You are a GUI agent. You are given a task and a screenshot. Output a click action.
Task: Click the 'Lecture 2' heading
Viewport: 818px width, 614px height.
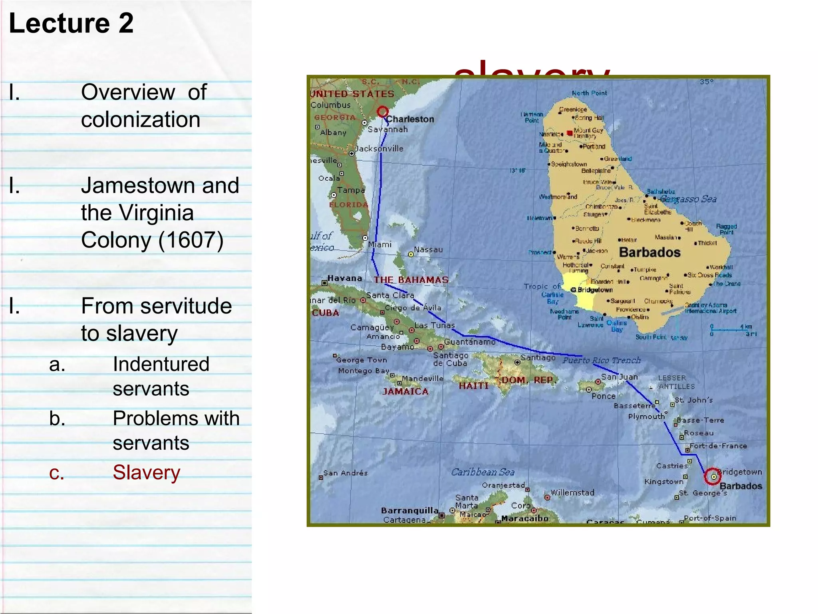[71, 23]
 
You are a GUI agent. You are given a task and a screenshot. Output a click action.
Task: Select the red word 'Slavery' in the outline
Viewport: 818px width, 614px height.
[146, 472]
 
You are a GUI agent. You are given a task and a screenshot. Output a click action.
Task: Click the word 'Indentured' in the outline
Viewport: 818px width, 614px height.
[161, 364]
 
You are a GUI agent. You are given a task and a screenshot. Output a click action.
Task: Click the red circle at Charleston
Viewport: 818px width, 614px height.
[383, 112]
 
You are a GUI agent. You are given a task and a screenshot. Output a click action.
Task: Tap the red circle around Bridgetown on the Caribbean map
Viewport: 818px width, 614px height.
[713, 476]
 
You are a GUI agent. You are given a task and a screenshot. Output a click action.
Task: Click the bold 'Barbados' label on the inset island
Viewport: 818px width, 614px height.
[649, 252]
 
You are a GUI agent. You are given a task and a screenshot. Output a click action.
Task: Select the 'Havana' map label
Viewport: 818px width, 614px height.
[345, 278]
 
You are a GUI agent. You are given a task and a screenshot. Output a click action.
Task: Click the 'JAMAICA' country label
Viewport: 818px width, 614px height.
[405, 391]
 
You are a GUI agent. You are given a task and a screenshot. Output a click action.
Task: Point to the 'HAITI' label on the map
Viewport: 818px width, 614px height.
[474, 386]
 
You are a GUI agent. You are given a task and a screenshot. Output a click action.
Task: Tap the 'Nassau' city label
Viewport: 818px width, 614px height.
[428, 250]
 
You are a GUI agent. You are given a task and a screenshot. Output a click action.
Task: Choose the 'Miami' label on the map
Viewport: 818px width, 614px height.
[380, 244]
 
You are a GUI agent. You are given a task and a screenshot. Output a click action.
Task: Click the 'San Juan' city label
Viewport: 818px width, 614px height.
[619, 377]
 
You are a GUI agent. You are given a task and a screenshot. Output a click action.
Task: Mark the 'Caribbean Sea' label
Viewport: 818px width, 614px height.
[483, 472]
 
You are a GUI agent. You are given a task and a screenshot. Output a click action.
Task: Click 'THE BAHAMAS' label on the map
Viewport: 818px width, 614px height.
[411, 280]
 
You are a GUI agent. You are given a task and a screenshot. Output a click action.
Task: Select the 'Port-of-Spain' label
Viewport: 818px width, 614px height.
[710, 518]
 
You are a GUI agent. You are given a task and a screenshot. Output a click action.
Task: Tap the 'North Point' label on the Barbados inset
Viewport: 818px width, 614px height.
[589, 93]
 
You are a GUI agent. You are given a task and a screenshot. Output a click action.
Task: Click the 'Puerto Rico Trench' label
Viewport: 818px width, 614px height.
[602, 361]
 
